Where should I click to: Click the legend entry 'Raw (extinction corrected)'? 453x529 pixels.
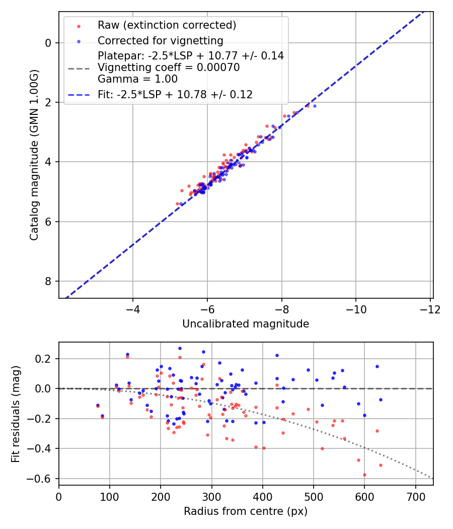point(167,25)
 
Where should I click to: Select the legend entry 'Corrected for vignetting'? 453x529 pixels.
point(160,40)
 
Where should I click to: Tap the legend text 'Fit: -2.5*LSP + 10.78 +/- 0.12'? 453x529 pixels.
point(175,94)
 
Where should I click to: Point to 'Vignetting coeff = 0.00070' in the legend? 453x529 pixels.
point(168,68)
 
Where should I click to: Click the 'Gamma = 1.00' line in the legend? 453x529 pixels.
point(137,79)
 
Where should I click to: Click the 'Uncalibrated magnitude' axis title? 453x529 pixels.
point(245,324)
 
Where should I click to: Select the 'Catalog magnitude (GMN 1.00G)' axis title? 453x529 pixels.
point(34,155)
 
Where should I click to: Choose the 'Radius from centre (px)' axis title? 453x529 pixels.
point(245,511)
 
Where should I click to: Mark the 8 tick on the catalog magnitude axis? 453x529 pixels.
point(48,281)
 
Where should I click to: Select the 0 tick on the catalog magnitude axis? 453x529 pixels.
point(48,43)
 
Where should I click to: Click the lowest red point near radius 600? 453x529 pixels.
point(364,475)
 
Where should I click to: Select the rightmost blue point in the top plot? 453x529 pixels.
point(315,106)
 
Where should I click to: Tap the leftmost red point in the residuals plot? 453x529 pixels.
point(98,406)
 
